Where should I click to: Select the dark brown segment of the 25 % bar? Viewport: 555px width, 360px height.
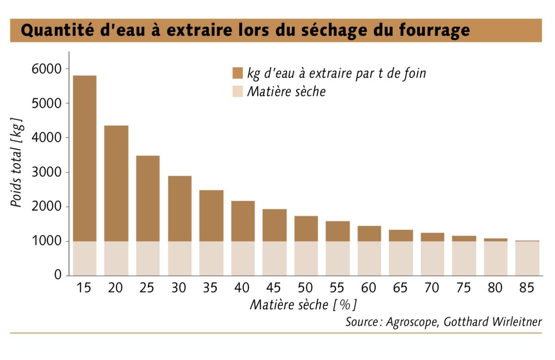[x=148, y=198]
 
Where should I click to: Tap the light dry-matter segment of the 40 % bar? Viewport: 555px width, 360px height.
[x=243, y=258]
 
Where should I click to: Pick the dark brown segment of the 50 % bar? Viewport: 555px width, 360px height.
[x=306, y=228]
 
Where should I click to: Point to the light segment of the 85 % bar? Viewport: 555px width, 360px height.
[x=527, y=259]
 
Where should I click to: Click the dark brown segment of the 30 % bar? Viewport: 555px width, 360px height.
[x=180, y=208]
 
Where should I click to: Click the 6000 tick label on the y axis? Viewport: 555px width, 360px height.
[x=47, y=69]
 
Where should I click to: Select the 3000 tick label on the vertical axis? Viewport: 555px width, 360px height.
[x=47, y=173]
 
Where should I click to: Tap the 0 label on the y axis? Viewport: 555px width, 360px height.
[x=58, y=276]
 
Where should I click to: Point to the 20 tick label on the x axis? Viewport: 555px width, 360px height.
[x=116, y=288]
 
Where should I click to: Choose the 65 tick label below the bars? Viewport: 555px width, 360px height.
[x=400, y=288]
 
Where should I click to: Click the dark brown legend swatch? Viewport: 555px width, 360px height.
[x=237, y=74]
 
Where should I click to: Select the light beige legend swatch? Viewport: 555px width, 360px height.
[x=237, y=91]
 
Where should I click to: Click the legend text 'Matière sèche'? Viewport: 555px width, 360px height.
[x=286, y=92]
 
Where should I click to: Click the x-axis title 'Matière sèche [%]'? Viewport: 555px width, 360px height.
[x=303, y=305]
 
